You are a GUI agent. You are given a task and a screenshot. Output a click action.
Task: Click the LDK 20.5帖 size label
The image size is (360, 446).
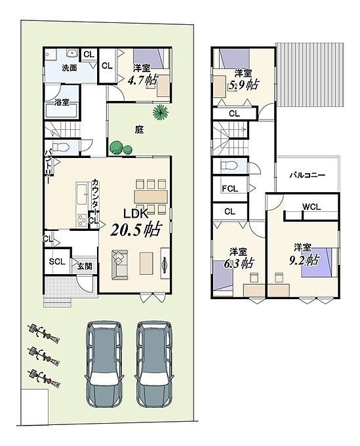pyautogui.click(x=136, y=230)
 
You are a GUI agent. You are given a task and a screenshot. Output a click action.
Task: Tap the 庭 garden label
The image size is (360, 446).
pyautogui.click(x=139, y=130)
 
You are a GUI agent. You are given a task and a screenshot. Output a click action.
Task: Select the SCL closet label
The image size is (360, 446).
pyautogui.click(x=57, y=262)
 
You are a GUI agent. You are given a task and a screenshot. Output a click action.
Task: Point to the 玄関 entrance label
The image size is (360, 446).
pyautogui.click(x=85, y=266)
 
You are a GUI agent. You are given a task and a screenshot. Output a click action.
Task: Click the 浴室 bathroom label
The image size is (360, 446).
pyautogui.click(x=62, y=102)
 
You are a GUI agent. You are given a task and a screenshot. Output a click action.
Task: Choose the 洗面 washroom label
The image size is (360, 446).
pyautogui.click(x=70, y=68)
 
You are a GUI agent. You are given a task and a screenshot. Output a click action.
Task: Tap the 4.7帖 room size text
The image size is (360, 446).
pyautogui.click(x=142, y=81)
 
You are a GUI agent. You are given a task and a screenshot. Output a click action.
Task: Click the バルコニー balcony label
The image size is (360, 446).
pyautogui.click(x=308, y=175)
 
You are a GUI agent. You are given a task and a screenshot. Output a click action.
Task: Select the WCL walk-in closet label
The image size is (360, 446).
pyautogui.click(x=311, y=207)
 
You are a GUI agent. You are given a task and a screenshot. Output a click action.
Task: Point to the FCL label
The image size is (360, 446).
pyautogui.click(x=230, y=189)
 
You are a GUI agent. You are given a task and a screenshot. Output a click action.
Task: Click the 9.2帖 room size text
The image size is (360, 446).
pyautogui.click(x=304, y=260)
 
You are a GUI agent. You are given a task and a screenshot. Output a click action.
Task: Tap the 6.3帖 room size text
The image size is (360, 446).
pyautogui.click(x=238, y=264)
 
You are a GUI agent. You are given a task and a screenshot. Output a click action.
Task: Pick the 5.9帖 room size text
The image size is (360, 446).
pyautogui.click(x=244, y=85)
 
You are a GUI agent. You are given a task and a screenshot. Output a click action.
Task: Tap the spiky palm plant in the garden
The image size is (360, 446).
pyautogui.click(x=161, y=112)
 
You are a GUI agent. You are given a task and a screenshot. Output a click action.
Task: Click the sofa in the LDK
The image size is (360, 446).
pyautogui.click(x=120, y=264)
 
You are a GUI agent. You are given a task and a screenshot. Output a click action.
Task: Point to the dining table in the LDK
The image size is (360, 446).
pyautogui.click(x=151, y=197)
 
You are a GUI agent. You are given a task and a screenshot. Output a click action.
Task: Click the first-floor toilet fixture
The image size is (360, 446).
pyautogui.click(x=60, y=147)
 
